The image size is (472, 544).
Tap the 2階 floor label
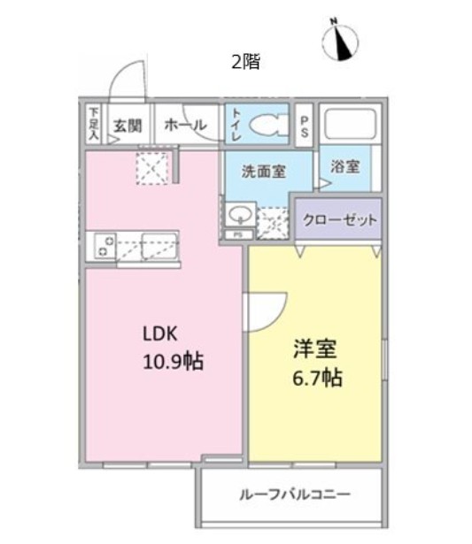(245, 62)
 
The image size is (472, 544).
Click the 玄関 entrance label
(126, 126)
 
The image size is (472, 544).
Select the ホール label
(184, 126)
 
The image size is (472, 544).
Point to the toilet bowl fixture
(266, 126)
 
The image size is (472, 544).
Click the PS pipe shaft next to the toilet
(304, 125)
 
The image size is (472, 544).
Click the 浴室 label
(345, 165)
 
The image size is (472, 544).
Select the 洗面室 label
(263, 171)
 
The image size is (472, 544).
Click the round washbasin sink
(238, 215)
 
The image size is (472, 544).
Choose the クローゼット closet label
(337, 218)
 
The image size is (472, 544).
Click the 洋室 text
(314, 349)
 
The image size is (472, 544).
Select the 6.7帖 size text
(314, 378)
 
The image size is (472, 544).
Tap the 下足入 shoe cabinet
(94, 124)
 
